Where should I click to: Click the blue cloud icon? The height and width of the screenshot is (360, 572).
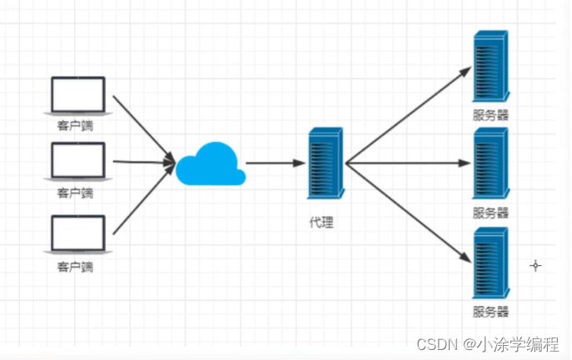tap(211, 164)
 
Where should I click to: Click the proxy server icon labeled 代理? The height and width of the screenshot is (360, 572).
tap(325, 164)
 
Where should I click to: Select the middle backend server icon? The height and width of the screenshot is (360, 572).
tap(490, 163)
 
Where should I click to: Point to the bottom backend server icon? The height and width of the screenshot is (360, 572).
tap(490, 262)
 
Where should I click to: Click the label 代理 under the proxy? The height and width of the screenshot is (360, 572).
tap(321, 223)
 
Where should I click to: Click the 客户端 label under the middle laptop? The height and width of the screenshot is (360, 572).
tap(76, 193)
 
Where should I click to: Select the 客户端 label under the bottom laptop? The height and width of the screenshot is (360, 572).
tap(76, 267)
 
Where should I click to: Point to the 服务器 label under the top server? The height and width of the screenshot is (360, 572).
tap(490, 116)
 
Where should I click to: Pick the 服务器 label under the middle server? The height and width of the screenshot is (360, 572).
tap(490, 212)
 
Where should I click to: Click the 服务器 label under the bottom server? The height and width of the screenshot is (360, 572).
tap(490, 312)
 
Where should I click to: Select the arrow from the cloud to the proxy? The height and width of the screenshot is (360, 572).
tap(273, 164)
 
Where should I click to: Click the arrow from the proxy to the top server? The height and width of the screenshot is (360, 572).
tap(408, 116)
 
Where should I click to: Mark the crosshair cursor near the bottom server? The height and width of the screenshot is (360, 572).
tap(535, 266)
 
